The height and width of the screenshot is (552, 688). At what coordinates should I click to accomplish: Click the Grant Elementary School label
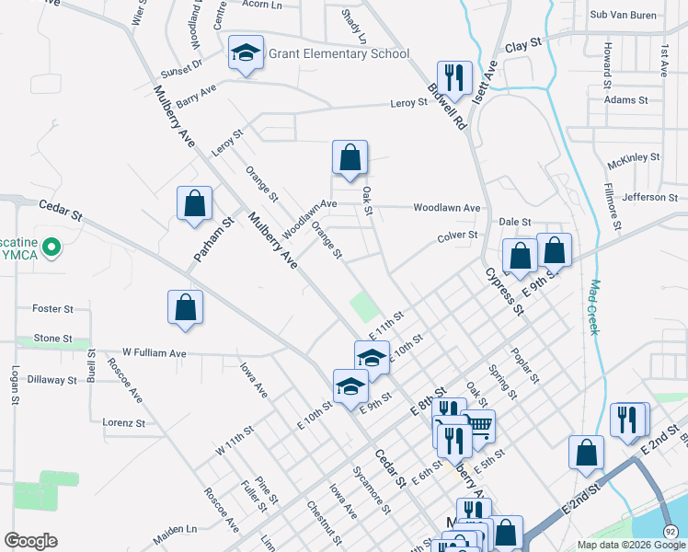click(x=338, y=53)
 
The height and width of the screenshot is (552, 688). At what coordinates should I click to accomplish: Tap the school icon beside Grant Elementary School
click(x=246, y=53)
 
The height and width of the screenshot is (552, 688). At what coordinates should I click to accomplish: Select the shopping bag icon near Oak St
click(x=350, y=158)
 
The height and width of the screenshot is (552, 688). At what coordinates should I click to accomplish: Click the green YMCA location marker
click(x=52, y=247)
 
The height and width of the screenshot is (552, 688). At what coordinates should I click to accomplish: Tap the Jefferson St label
click(x=649, y=198)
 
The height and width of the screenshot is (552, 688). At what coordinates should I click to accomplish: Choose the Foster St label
click(x=52, y=309)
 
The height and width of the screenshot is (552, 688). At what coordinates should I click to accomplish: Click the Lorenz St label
click(x=124, y=423)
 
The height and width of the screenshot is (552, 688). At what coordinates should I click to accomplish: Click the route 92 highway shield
click(x=671, y=532)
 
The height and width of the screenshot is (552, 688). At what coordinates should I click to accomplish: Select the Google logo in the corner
click(x=30, y=541)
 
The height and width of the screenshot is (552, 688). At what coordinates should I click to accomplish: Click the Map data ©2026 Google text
click(x=630, y=545)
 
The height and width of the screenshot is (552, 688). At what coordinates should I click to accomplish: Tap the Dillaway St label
click(x=52, y=379)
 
